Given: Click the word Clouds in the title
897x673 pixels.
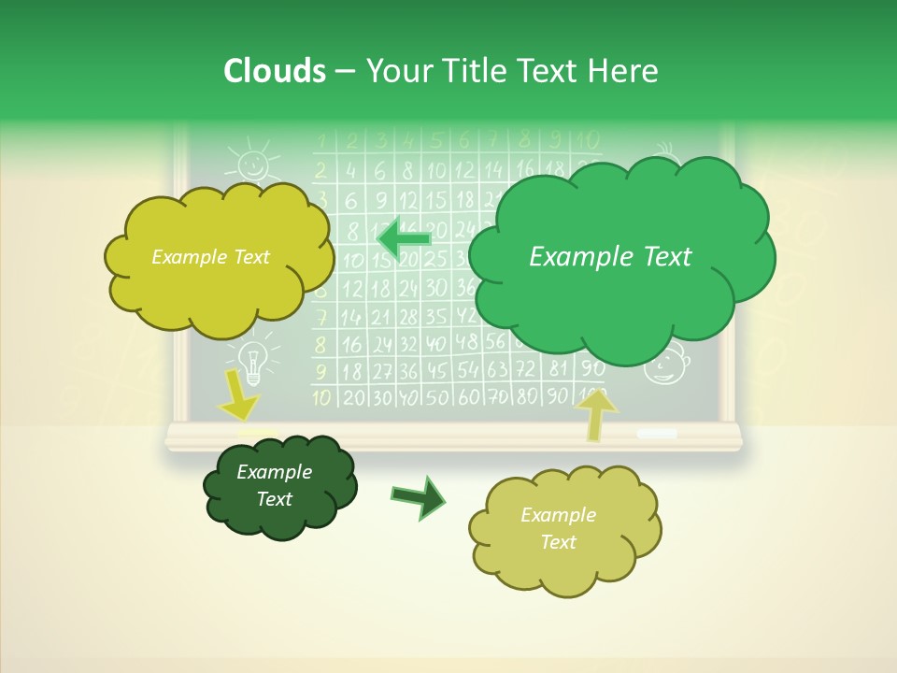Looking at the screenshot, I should point(275,70).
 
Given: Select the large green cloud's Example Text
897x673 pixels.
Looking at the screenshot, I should point(610,256).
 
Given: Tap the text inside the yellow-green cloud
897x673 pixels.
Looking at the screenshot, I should point(210,256).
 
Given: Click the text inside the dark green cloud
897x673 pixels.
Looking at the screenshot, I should point(274,485).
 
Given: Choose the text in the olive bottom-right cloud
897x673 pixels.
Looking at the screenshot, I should point(558,528).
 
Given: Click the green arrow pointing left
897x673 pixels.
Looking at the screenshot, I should point(404,239).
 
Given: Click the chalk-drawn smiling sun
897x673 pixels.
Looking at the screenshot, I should point(251,164).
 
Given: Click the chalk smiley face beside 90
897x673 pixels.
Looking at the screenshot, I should point(665,365).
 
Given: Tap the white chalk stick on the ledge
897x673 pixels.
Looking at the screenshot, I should point(657,434).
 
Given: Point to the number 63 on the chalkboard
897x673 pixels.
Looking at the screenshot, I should point(497,369).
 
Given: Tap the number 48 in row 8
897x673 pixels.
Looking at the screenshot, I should point(467,342).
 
